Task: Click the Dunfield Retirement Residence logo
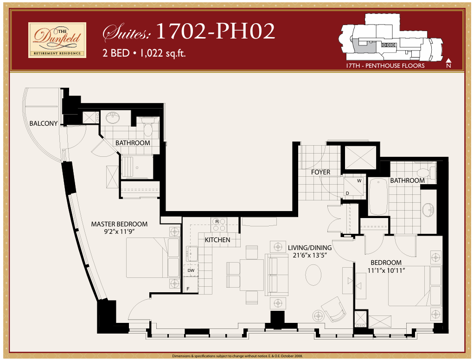[x=57, y=40]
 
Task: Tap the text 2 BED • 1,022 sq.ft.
[x=144, y=53]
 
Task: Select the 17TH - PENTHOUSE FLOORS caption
[x=385, y=66]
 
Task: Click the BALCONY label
[x=43, y=123]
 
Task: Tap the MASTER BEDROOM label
[x=119, y=224]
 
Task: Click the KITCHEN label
[x=217, y=240]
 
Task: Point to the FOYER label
[x=320, y=172]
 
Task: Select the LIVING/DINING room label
[x=309, y=248]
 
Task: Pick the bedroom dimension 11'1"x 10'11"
[x=386, y=270]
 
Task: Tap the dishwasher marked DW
[x=191, y=270]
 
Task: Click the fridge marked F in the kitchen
[x=188, y=289]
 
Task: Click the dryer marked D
[x=347, y=193]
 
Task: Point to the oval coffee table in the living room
[x=313, y=275]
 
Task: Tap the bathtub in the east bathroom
[x=378, y=197]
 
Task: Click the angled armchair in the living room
[x=333, y=309]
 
